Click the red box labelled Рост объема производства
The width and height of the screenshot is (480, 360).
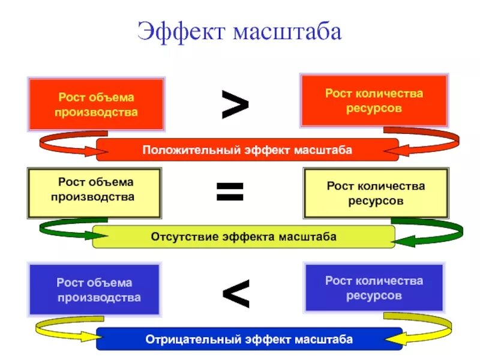96,104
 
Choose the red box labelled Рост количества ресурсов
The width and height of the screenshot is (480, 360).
374,101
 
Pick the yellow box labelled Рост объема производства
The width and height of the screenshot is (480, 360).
94,193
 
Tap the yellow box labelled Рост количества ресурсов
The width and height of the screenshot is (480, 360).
376,193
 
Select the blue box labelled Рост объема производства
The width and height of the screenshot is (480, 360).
95,290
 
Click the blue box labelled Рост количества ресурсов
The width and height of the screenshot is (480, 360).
374,288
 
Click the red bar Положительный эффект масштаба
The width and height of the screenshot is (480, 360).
247,149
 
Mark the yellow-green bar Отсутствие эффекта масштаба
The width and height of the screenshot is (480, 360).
243,236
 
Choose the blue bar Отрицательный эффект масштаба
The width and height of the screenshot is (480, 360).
249,339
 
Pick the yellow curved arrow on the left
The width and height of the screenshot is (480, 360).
60,329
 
